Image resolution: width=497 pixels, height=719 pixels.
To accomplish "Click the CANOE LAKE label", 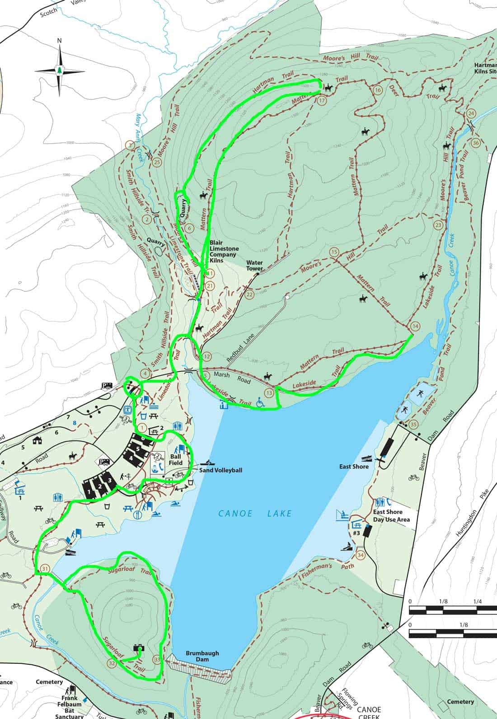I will click(x=255, y=513).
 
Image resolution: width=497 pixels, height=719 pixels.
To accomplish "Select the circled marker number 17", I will click(x=322, y=101).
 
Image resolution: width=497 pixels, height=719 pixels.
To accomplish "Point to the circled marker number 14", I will click(x=415, y=326).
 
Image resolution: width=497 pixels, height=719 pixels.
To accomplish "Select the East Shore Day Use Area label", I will click(x=391, y=517).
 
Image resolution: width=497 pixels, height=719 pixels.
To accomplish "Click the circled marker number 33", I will click(x=157, y=659).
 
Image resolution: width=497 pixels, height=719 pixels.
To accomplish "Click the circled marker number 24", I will click(x=471, y=113).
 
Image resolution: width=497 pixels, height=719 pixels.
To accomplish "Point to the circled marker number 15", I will click(x=334, y=252).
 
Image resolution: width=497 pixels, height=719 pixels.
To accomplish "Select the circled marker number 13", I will click(x=270, y=392).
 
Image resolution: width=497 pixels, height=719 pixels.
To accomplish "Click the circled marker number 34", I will click(x=360, y=555).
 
